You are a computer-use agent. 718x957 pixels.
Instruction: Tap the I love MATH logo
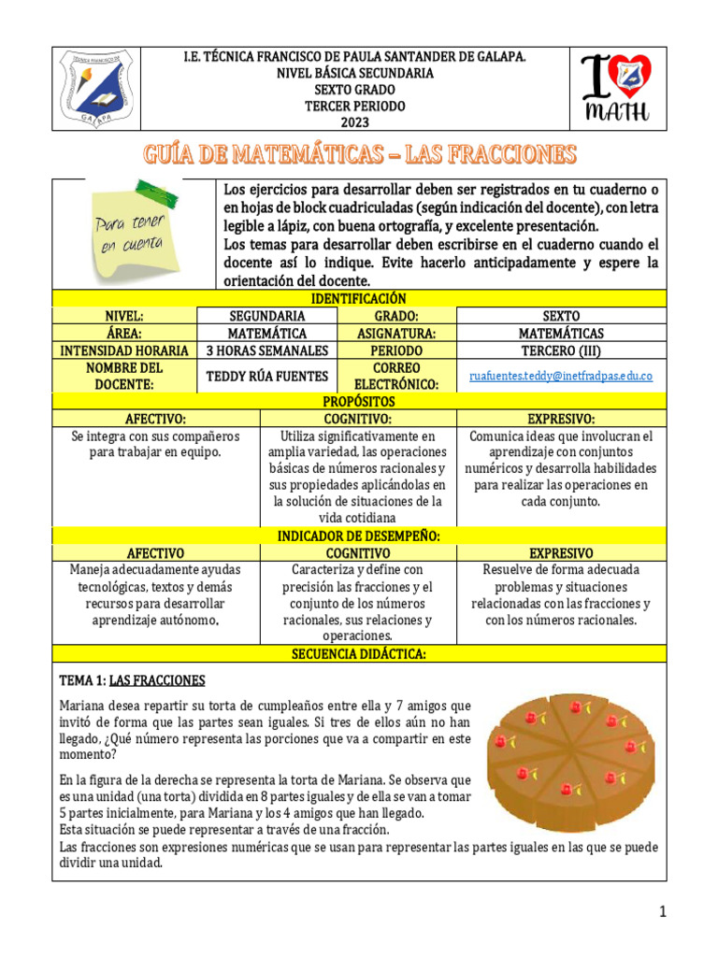[x=615, y=89]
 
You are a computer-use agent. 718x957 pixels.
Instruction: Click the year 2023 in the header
[x=354, y=122]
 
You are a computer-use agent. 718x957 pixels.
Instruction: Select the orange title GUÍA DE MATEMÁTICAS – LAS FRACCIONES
[x=360, y=154]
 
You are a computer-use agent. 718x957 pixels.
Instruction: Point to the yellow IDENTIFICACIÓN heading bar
[x=360, y=298]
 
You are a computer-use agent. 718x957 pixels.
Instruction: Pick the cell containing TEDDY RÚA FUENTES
[x=267, y=376]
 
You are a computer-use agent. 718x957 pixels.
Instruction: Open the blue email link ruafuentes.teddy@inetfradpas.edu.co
[x=561, y=376]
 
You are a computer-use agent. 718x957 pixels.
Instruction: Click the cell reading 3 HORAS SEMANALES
[x=267, y=350]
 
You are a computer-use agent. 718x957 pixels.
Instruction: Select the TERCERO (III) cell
[x=561, y=350]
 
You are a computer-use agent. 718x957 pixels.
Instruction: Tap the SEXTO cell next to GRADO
[x=561, y=316]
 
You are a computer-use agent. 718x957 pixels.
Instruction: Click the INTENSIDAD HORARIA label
[x=125, y=350]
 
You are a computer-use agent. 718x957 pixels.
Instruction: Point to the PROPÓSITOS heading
[x=360, y=401]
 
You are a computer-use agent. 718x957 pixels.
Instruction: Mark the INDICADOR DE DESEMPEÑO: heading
[x=359, y=536]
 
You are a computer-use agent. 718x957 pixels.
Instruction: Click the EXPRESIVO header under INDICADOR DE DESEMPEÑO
[x=561, y=553]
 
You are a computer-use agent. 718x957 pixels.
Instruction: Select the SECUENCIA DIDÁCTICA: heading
[x=360, y=654]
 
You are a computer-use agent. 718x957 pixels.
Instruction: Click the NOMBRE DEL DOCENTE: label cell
[x=125, y=376]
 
